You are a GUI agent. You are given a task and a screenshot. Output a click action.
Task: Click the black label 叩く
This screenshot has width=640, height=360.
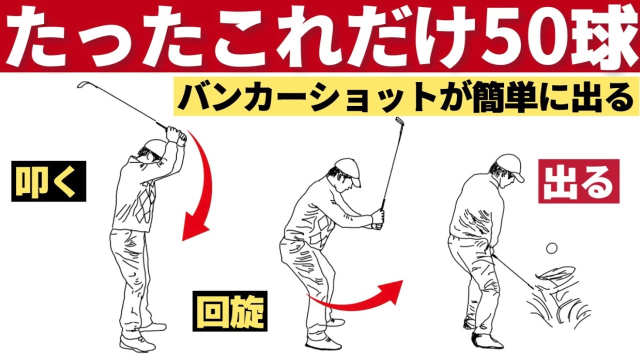pyautogui.click(x=49, y=181)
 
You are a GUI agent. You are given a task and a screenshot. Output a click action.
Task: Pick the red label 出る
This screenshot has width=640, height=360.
pyautogui.click(x=578, y=181)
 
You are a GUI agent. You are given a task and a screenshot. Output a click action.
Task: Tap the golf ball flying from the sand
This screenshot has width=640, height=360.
pyautogui.click(x=551, y=247)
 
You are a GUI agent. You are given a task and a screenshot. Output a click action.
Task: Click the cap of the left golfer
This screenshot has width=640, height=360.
pyautogui.click(x=153, y=146)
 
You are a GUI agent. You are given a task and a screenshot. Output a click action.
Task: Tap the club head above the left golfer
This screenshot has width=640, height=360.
pyautogui.click(x=82, y=86)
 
